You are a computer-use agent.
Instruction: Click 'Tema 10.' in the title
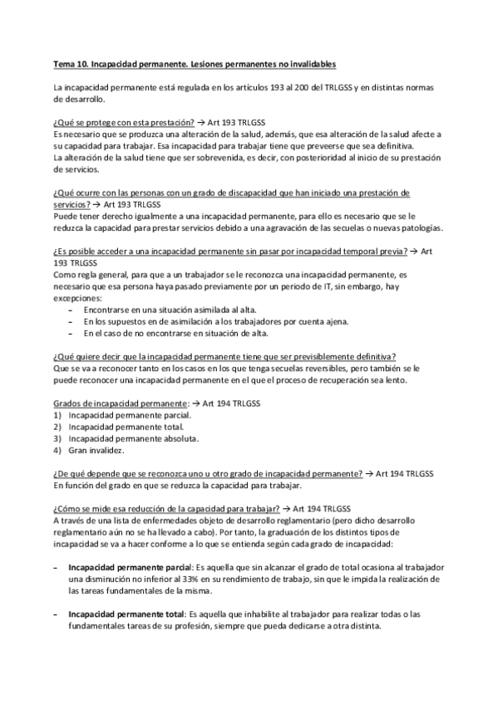tap(69, 63)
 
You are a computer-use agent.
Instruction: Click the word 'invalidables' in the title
tap(311, 63)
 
